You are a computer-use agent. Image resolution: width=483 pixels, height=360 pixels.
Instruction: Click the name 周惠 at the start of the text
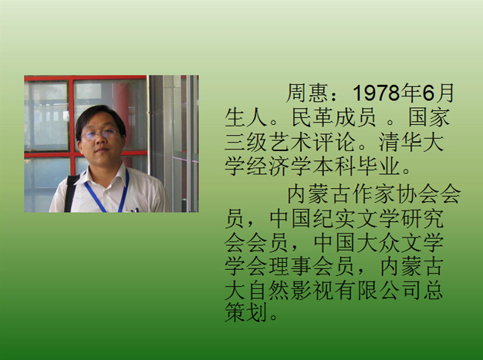click(x=307, y=93)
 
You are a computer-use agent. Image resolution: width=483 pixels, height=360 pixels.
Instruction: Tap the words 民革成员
click(x=333, y=117)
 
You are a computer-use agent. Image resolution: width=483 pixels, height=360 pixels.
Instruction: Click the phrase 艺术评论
click(x=312, y=142)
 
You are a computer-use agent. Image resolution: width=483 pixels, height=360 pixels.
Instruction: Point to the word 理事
click(x=289, y=266)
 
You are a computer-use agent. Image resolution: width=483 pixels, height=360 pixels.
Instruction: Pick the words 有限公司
click(x=378, y=290)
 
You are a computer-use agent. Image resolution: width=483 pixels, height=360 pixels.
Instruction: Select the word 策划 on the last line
click(x=245, y=312)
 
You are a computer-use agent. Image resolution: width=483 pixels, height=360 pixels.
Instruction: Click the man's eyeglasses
click(x=100, y=134)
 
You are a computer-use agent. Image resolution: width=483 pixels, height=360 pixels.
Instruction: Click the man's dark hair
click(x=100, y=119)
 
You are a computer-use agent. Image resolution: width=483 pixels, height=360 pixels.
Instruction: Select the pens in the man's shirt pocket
click(x=134, y=210)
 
